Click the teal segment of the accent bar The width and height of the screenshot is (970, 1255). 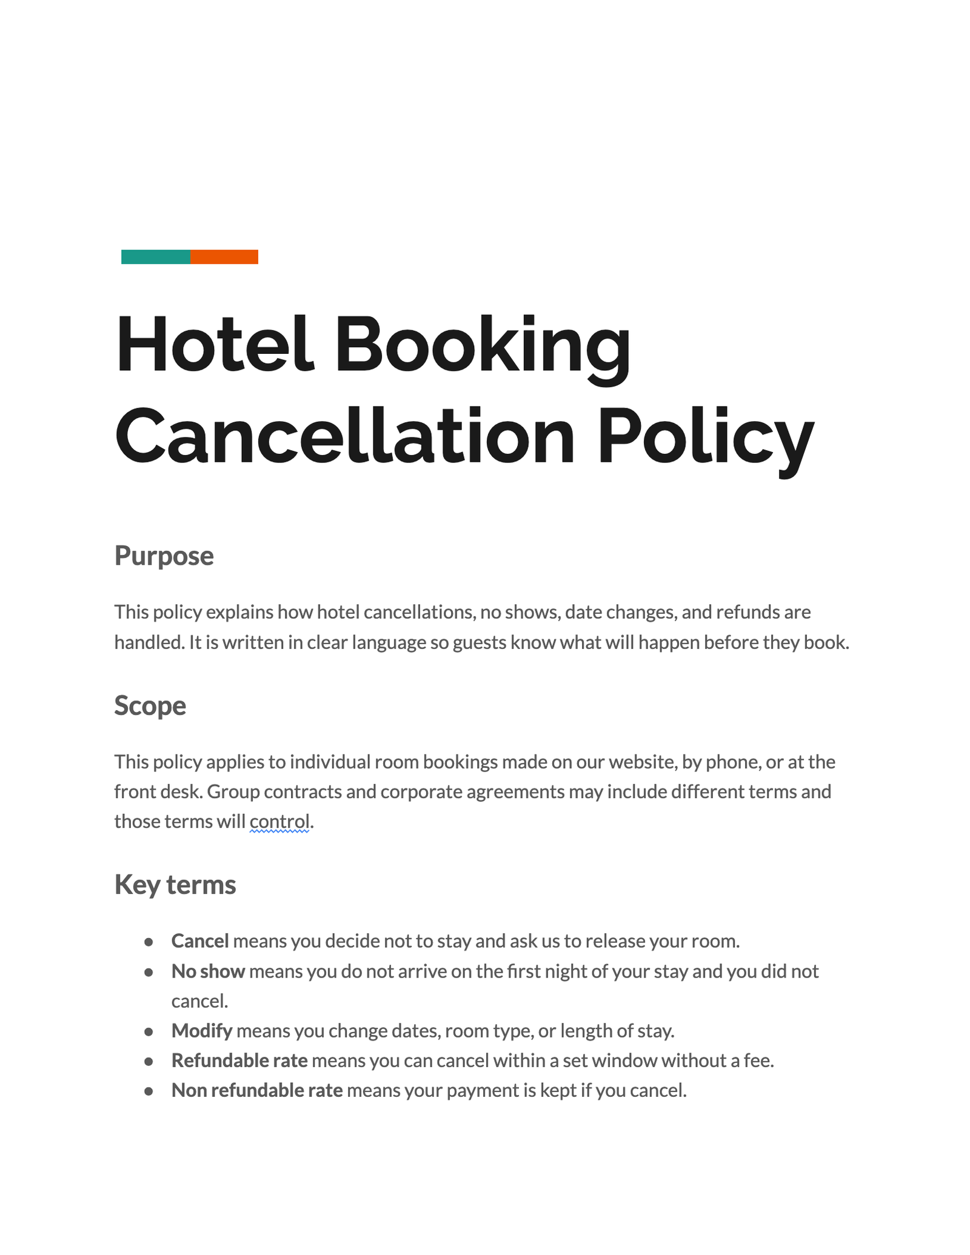(x=155, y=257)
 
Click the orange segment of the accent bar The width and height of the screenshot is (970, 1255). (x=224, y=257)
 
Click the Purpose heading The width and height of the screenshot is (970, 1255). (x=164, y=556)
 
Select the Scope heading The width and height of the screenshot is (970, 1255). (x=150, y=705)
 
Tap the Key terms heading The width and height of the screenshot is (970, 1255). (x=175, y=884)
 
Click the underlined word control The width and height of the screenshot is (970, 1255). (x=279, y=821)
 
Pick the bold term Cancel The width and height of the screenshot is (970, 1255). (x=200, y=940)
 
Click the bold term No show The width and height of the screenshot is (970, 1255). (x=208, y=971)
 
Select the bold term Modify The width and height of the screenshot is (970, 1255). (x=202, y=1030)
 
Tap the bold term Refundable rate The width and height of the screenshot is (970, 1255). (x=239, y=1060)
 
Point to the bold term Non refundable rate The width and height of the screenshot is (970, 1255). (x=257, y=1090)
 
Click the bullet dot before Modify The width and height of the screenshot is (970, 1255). (x=149, y=1031)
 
